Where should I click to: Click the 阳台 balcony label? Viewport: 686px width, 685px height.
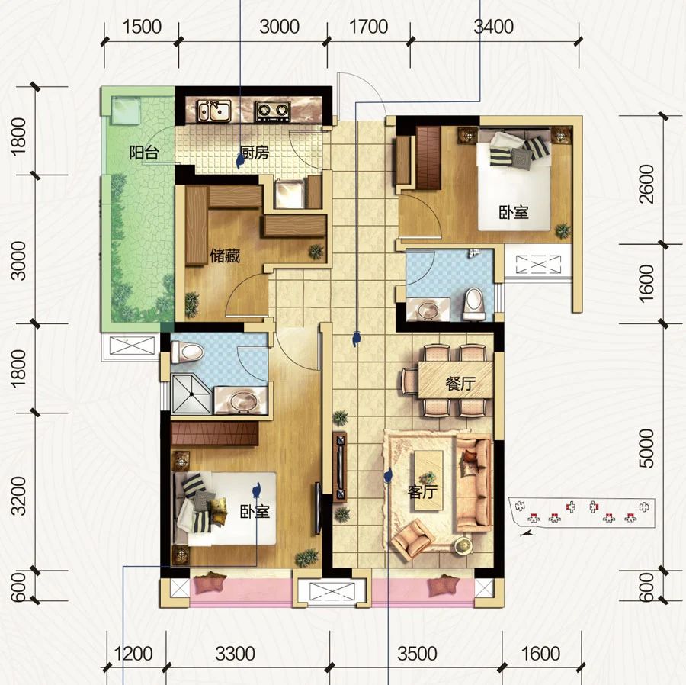(143, 153)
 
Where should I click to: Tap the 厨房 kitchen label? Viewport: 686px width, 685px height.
(255, 153)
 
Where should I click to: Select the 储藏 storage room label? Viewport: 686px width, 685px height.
(225, 256)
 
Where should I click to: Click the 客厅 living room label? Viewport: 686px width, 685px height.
(422, 492)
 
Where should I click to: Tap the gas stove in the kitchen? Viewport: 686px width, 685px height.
(272, 112)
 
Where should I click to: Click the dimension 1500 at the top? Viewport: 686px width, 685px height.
(142, 27)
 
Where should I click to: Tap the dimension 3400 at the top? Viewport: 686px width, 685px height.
(493, 27)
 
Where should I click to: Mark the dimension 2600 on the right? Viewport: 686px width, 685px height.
(647, 184)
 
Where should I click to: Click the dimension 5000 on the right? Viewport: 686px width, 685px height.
(647, 449)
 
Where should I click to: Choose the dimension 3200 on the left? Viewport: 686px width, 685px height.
(19, 495)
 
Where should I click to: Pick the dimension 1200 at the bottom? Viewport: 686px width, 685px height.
(133, 654)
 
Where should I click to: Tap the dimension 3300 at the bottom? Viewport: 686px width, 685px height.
(236, 654)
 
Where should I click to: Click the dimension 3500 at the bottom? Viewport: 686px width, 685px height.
(417, 654)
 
